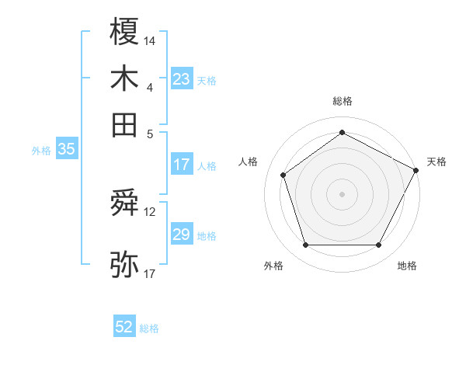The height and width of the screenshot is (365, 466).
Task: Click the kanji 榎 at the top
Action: pos(125,32)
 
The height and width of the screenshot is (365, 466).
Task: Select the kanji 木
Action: pos(125,78)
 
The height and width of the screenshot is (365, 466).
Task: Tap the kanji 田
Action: pos(125,124)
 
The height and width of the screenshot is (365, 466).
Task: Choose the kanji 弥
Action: pos(125,264)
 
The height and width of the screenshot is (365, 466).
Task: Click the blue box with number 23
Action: pos(182,79)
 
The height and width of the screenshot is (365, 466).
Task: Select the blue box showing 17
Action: pos(182,165)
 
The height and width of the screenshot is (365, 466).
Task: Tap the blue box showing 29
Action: pos(182,235)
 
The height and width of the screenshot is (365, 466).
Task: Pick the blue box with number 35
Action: pos(66,150)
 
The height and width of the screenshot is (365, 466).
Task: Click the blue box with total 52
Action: pos(124,327)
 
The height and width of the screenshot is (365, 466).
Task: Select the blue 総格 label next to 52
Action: pos(149,328)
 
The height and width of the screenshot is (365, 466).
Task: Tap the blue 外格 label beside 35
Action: pos(41,151)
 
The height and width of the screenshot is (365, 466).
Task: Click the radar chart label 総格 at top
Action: pos(342,101)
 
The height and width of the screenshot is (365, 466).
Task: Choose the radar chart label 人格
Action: pos(248,162)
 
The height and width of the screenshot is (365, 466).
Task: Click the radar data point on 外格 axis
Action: pos(305,245)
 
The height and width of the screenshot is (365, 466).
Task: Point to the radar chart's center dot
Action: pos(342,193)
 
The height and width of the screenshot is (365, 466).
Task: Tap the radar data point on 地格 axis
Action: pos(378,245)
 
